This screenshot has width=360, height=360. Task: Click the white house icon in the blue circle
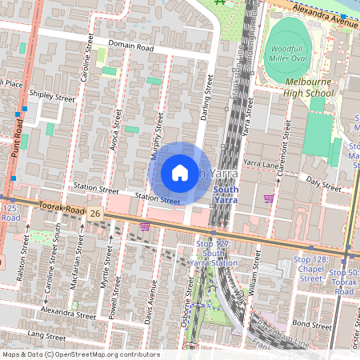pos(180,172)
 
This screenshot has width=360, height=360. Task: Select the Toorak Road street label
pos(60,208)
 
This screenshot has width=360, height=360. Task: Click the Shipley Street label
pos(51,95)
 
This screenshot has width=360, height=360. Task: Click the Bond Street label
pos(311,324)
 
